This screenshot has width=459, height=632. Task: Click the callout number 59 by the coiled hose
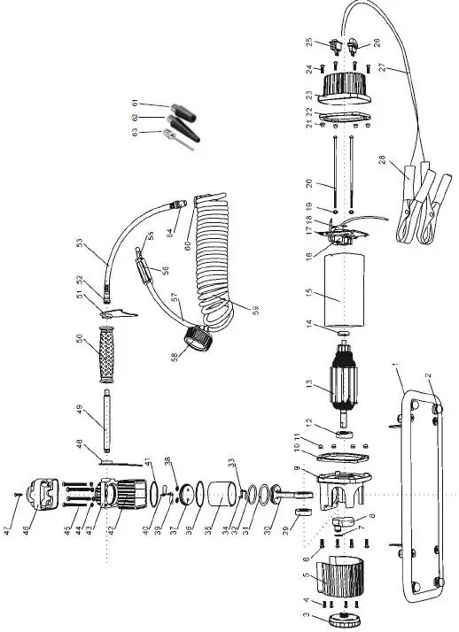(254, 310)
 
